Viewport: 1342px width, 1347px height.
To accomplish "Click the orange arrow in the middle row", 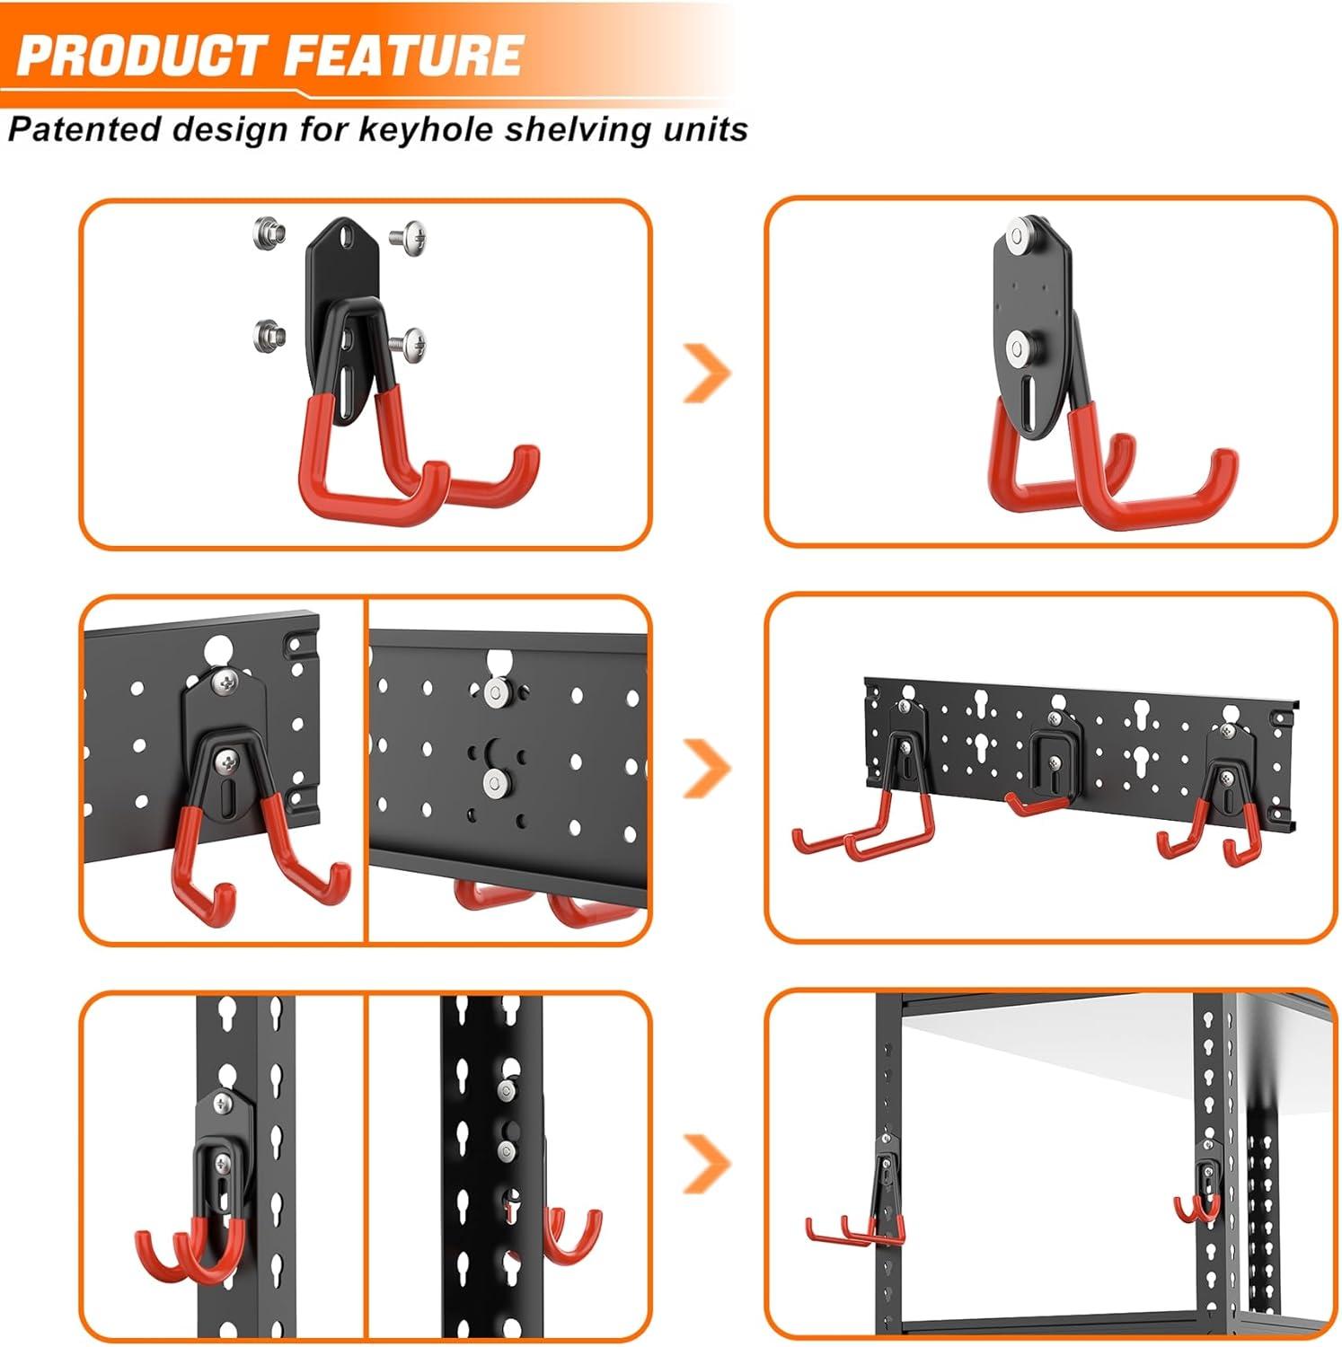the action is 708,769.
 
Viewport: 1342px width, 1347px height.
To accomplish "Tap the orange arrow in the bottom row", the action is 708,1164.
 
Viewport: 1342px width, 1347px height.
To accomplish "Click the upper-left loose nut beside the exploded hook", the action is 269,235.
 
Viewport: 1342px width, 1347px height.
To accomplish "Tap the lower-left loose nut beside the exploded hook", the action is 269,335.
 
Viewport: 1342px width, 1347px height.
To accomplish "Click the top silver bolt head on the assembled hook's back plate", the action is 1018,236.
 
